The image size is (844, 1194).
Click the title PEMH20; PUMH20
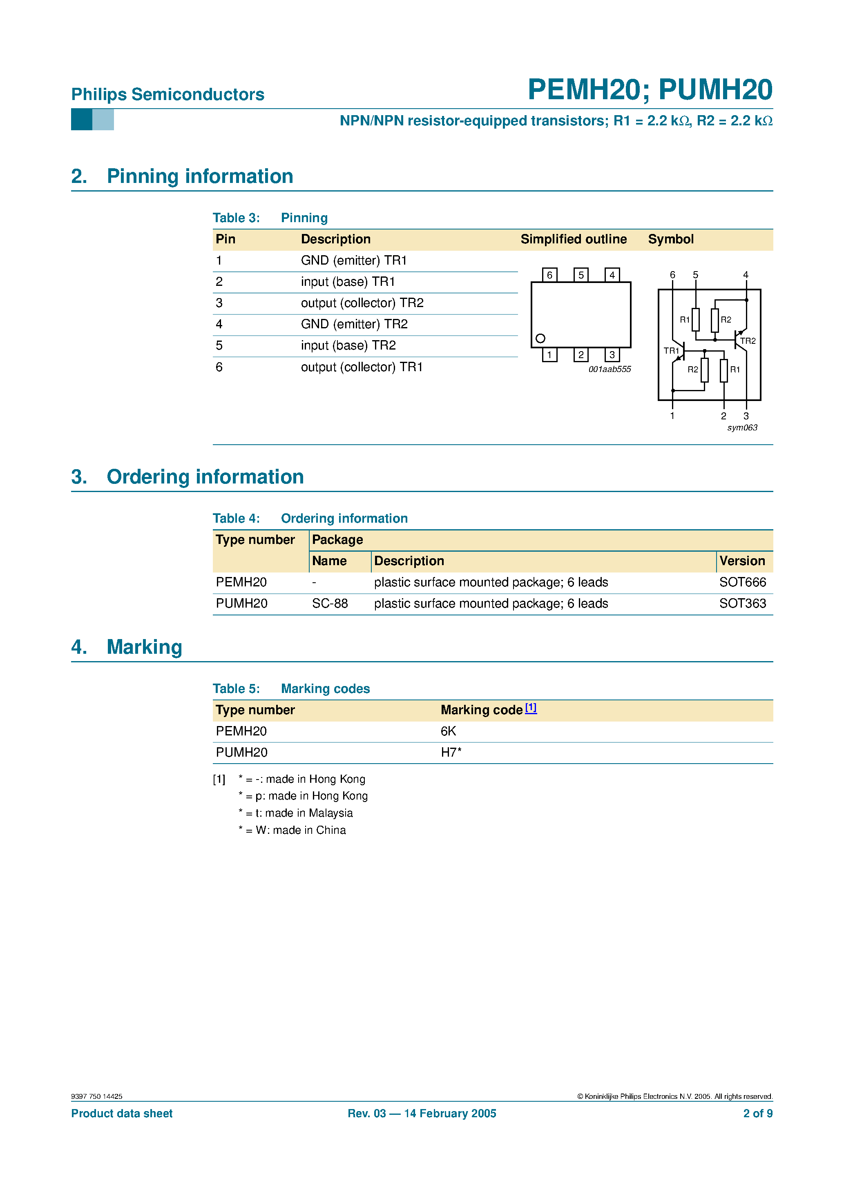click(x=650, y=89)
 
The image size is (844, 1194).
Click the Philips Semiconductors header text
click(x=167, y=94)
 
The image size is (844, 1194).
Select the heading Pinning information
click(x=200, y=176)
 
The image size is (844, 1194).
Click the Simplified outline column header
click(x=574, y=239)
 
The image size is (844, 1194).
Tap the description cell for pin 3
click(x=362, y=303)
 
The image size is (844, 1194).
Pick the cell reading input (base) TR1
click(x=348, y=282)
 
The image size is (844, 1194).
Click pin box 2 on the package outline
click(x=581, y=355)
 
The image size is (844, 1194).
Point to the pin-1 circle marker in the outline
click(x=540, y=339)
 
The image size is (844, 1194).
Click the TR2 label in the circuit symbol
click(x=748, y=341)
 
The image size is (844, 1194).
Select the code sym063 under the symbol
click(x=742, y=428)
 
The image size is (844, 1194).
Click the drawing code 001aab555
click(x=610, y=369)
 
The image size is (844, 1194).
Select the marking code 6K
click(x=448, y=731)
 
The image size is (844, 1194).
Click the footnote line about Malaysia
click(x=295, y=813)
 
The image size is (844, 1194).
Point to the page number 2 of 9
click(x=758, y=1114)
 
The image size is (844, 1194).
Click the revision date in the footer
click(x=422, y=1114)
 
